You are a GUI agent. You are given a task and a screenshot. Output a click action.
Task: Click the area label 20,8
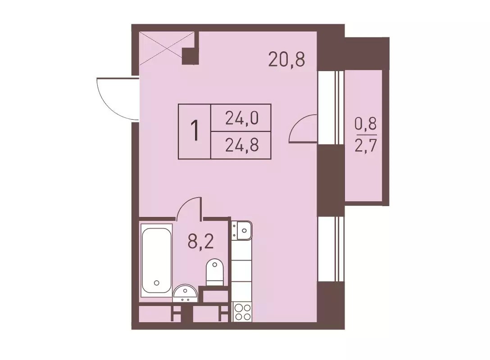click(x=286, y=60)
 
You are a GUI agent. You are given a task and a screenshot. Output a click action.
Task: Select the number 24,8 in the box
click(x=242, y=145)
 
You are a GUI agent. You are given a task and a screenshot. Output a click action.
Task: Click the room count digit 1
click(x=195, y=131)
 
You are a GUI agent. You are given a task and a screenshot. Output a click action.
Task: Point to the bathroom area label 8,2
click(x=200, y=241)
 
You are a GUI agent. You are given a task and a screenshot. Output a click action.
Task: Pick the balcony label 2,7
click(x=366, y=145)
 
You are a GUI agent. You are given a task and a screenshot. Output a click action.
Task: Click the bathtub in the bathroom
click(x=156, y=260)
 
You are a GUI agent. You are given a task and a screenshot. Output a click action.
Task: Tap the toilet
click(x=215, y=272)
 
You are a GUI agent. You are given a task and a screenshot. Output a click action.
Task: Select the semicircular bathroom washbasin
click(x=185, y=294)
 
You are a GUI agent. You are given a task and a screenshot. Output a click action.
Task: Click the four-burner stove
click(x=243, y=312)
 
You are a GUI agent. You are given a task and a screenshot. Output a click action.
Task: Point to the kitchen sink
click(x=242, y=230)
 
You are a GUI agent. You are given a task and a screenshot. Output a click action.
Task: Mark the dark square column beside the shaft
click(x=190, y=57)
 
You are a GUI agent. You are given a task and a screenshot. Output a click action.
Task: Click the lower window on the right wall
click(x=331, y=249)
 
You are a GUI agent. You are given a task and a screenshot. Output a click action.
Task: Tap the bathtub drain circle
click(x=157, y=283)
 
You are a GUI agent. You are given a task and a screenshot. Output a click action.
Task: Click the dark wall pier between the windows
click(x=331, y=181)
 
